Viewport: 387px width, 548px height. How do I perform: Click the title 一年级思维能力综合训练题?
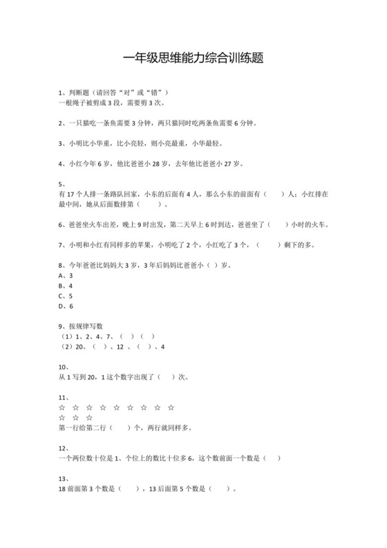click(x=193, y=60)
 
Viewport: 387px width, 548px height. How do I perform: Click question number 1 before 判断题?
click(x=62, y=93)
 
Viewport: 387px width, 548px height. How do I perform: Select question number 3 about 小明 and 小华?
click(x=62, y=144)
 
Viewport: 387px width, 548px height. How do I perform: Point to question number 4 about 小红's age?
click(x=62, y=164)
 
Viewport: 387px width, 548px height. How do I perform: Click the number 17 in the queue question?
click(x=73, y=194)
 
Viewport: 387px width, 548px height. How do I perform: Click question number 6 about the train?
click(x=62, y=225)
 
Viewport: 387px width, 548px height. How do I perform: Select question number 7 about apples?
click(x=62, y=245)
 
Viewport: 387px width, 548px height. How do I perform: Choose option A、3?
click(x=66, y=275)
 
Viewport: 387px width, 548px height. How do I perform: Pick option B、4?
click(x=66, y=286)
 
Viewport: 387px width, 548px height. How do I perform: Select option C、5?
click(x=66, y=295)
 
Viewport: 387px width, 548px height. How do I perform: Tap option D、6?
click(x=66, y=306)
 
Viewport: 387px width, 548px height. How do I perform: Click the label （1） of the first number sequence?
click(x=66, y=336)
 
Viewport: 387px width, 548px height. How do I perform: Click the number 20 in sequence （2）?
click(x=79, y=347)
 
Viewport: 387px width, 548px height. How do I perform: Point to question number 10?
click(x=64, y=367)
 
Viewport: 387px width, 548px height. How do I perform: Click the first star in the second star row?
click(x=64, y=418)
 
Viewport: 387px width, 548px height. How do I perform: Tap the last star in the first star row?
click(x=171, y=408)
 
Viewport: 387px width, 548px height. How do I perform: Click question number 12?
click(x=64, y=448)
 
